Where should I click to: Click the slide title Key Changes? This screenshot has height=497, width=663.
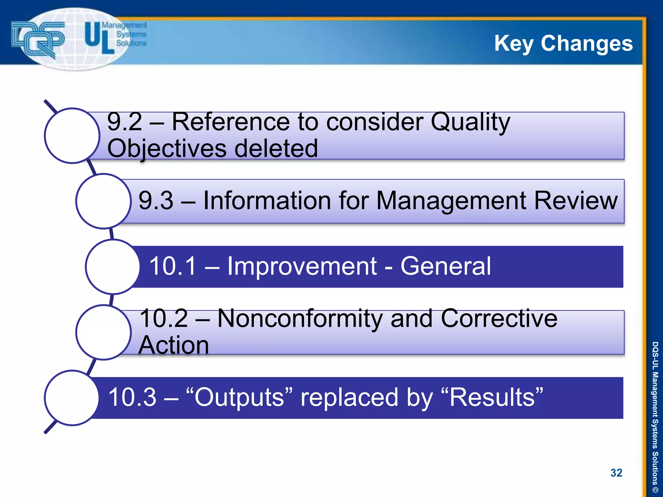click(563, 43)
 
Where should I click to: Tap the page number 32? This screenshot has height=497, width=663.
click(616, 473)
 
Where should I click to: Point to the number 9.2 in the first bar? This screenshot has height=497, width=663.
click(124, 122)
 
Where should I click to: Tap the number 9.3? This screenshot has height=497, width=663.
click(156, 201)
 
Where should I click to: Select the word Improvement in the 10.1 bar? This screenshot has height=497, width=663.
click(302, 266)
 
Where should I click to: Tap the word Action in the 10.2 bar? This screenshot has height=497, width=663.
click(174, 345)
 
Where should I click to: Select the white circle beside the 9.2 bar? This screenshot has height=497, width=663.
click(72, 136)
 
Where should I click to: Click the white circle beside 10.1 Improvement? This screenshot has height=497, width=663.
click(113, 267)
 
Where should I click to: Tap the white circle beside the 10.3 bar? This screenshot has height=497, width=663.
click(72, 398)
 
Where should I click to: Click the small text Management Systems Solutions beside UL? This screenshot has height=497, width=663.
click(131, 34)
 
